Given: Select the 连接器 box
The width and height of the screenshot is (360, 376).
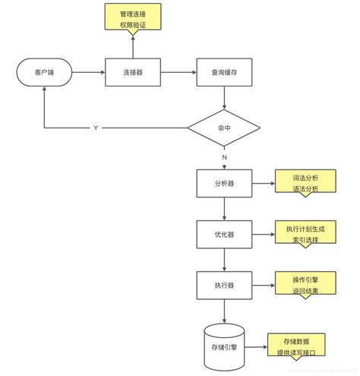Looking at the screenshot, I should pyautogui.click(x=134, y=72).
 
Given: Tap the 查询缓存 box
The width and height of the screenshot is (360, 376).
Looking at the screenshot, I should pyautogui.click(x=224, y=72).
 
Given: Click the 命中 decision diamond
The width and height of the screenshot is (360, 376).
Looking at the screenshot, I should pyautogui.click(x=224, y=128).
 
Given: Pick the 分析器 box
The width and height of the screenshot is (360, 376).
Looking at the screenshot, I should pyautogui.click(x=224, y=183).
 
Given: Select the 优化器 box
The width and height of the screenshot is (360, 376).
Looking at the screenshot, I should pyautogui.click(x=224, y=233).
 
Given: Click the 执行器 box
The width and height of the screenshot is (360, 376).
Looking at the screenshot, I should pyautogui.click(x=224, y=285).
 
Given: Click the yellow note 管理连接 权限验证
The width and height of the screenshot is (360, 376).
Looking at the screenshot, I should pyautogui.click(x=134, y=19).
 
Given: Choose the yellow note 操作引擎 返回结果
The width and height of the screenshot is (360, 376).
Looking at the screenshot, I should pyautogui.click(x=305, y=285).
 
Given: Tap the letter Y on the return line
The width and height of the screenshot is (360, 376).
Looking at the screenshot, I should pyautogui.click(x=95, y=128).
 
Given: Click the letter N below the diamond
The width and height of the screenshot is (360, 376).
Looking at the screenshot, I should pyautogui.click(x=224, y=156).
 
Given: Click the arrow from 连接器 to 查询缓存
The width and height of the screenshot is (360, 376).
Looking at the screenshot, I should pyautogui.click(x=178, y=72).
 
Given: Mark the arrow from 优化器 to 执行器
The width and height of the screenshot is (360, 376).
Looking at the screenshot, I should pyautogui.click(x=224, y=259).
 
